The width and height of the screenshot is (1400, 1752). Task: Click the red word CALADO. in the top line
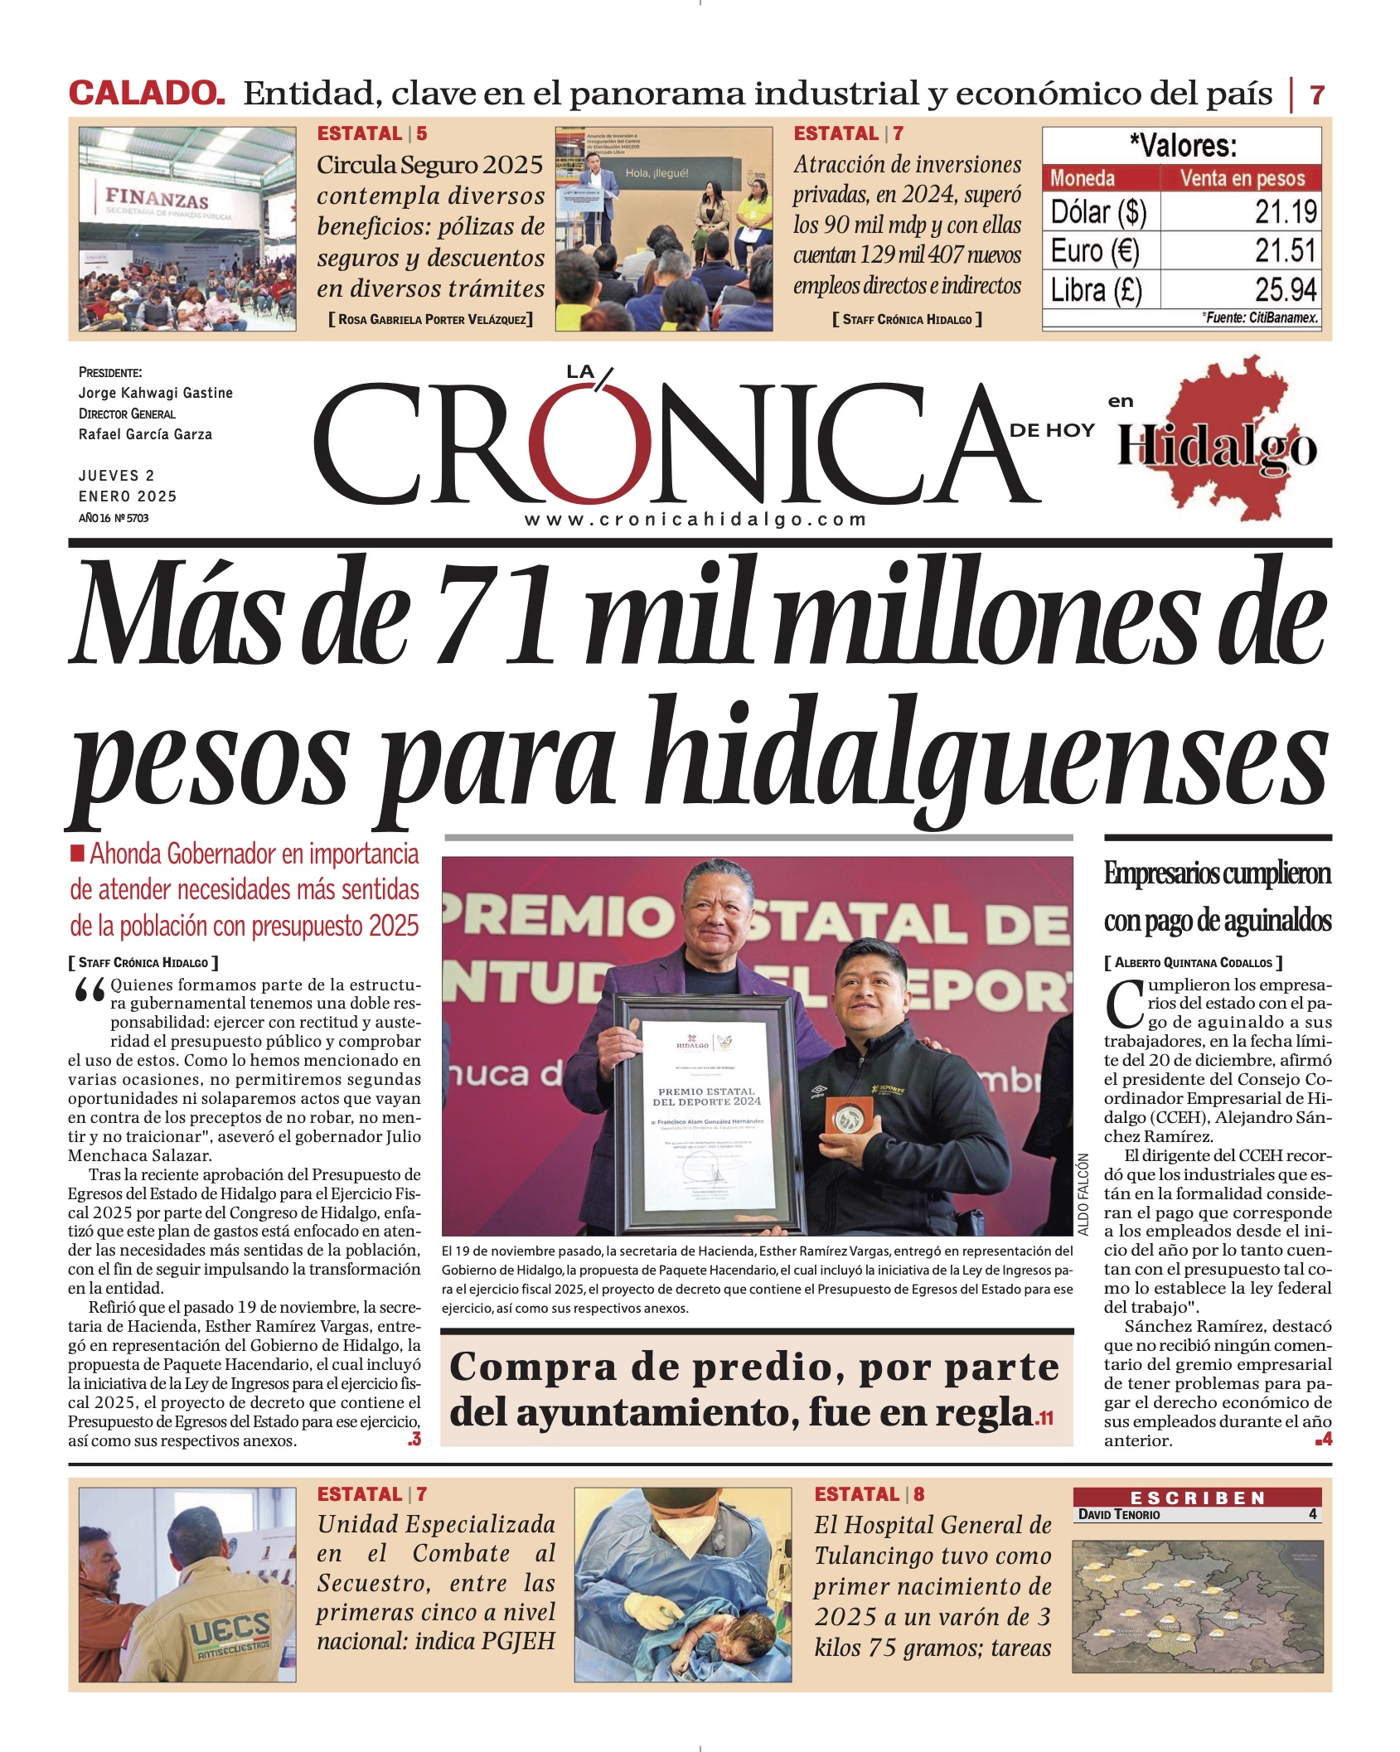[x=147, y=93]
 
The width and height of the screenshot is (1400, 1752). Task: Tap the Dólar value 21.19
[x=1285, y=212]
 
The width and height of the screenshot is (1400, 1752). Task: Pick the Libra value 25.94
[x=1285, y=290]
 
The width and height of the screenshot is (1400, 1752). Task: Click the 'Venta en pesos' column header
[x=1242, y=178]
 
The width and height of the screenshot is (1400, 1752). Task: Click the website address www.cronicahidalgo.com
[x=695, y=520]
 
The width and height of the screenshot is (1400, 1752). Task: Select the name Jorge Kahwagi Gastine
[x=156, y=393]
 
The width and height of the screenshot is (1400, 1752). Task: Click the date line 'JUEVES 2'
[x=117, y=476]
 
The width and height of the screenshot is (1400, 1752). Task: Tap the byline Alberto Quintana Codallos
[x=1193, y=962]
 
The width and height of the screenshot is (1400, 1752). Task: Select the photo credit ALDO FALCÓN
[x=1083, y=1193]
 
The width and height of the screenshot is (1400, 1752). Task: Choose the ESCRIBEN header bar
[x=1197, y=1498]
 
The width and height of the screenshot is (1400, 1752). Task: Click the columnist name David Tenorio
[x=1119, y=1514]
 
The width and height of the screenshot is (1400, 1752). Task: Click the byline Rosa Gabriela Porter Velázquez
[x=430, y=319]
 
